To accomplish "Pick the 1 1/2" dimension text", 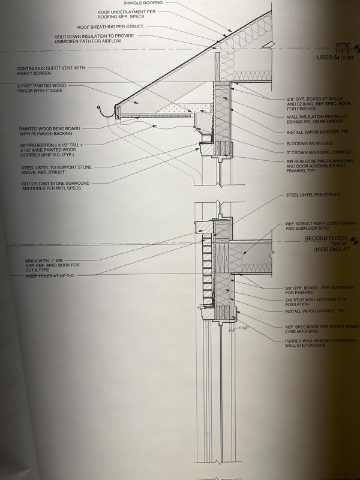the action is pyautogui.click(x=243, y=329).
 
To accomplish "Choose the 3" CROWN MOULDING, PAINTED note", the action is pyautogui.click(x=318, y=152).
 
